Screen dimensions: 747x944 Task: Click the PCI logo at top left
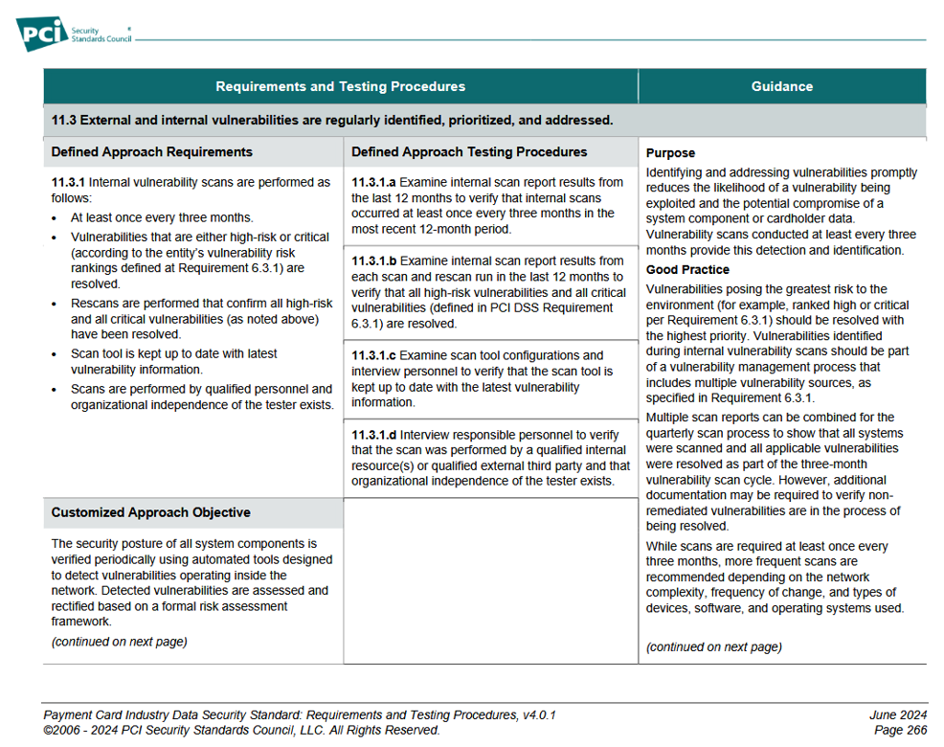(x=44, y=35)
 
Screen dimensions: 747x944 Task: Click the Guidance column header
(x=781, y=86)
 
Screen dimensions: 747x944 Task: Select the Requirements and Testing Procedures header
(x=340, y=86)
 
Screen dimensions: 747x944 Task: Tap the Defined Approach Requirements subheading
(x=151, y=151)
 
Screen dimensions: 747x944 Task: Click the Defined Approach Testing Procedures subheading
(x=469, y=151)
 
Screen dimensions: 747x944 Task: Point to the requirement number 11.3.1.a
(x=374, y=182)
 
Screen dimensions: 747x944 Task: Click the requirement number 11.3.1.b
(x=374, y=260)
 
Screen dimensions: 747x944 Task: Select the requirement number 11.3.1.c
(x=374, y=355)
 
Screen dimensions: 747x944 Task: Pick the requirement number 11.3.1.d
(x=374, y=435)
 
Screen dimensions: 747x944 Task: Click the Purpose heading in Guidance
(x=670, y=153)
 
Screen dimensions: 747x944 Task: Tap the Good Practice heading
(x=687, y=270)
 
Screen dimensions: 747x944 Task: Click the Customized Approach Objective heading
(x=150, y=512)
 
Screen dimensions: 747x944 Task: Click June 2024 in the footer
(x=898, y=714)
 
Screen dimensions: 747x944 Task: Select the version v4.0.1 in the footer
(x=535, y=714)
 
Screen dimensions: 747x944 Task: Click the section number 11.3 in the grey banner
(x=63, y=121)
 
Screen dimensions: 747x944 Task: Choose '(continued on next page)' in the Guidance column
(x=713, y=646)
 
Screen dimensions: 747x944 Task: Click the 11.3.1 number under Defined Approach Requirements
(x=68, y=182)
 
